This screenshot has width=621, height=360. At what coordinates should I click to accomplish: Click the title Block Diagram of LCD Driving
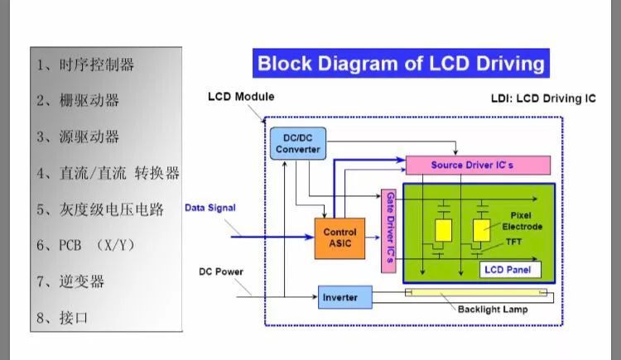[401, 64]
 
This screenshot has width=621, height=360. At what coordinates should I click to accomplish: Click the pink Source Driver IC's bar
[477, 165]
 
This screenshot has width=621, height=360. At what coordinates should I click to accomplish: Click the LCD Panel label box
[510, 270]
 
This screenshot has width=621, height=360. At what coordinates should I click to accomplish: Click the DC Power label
[221, 271]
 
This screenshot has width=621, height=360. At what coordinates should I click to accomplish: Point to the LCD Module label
[240, 97]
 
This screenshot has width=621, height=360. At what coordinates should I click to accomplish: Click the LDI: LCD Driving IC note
[543, 98]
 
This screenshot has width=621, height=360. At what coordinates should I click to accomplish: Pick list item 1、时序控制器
[85, 64]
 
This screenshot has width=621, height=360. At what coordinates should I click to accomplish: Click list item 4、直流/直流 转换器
[108, 173]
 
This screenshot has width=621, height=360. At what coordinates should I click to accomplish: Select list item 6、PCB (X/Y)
[85, 246]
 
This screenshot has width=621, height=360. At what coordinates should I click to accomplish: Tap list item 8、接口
[62, 318]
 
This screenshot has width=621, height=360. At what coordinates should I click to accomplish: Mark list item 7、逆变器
[70, 281]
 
